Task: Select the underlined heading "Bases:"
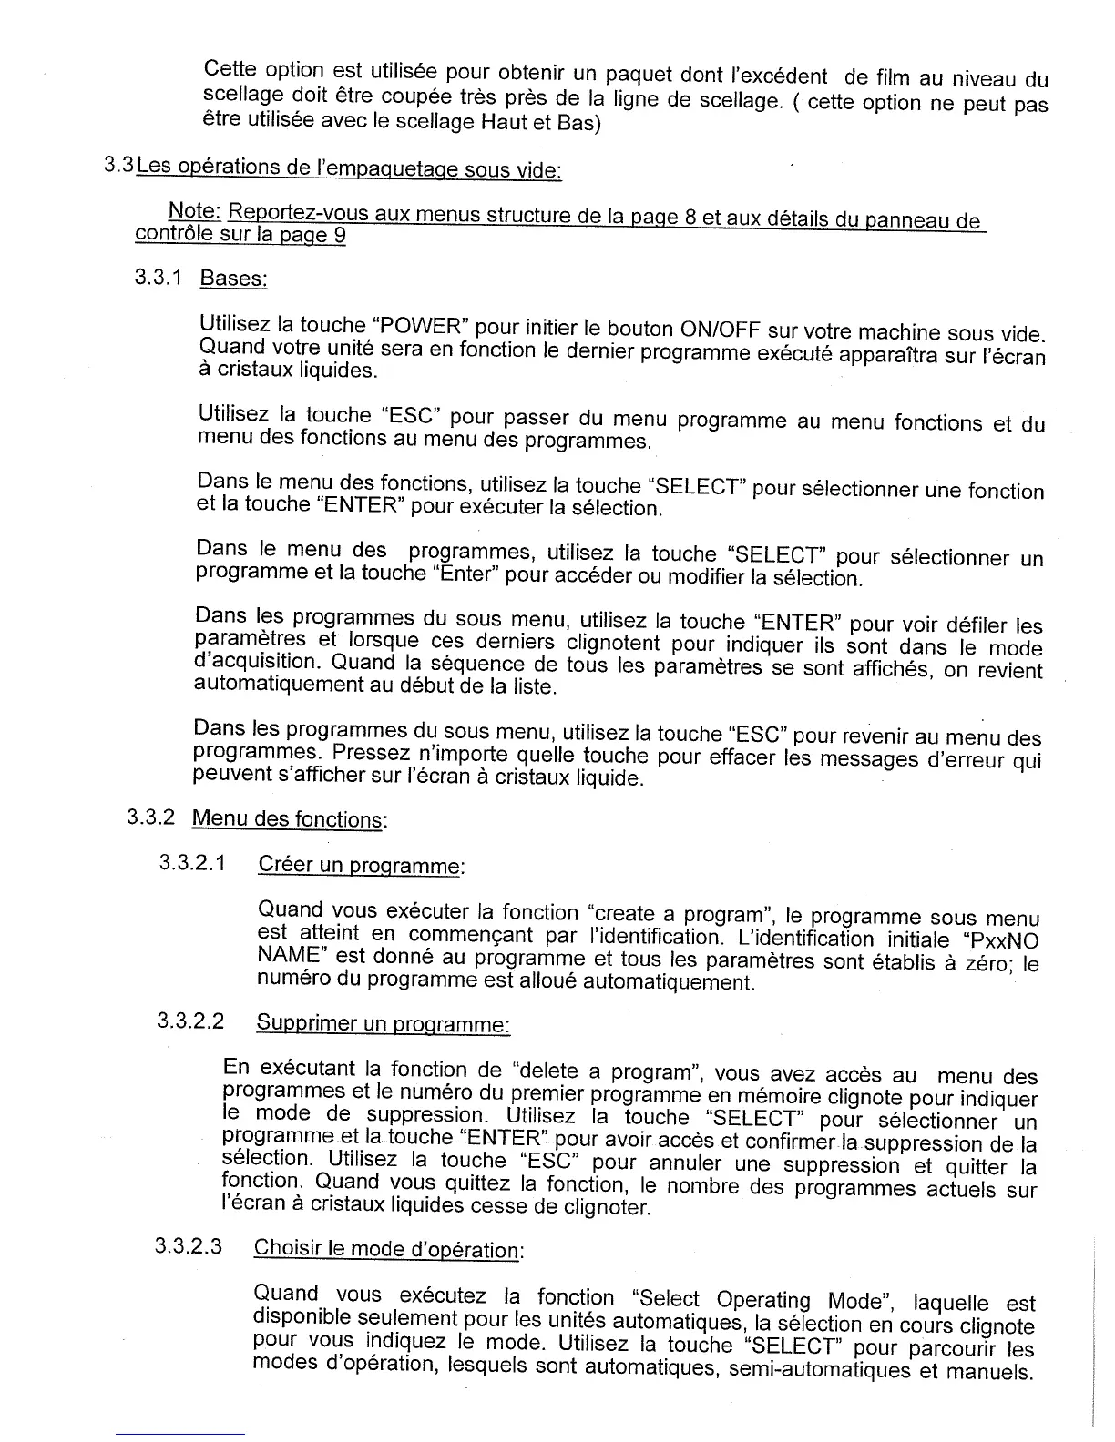click(x=233, y=278)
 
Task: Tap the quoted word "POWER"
click(x=421, y=326)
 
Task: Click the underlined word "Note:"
click(x=195, y=211)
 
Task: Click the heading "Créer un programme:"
click(x=362, y=865)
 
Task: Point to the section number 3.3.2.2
click(x=190, y=1021)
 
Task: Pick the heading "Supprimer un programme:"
click(x=383, y=1024)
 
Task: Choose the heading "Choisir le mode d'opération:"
click(x=388, y=1249)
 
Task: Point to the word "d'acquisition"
click(x=259, y=662)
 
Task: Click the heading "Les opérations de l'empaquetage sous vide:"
click(x=349, y=169)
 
